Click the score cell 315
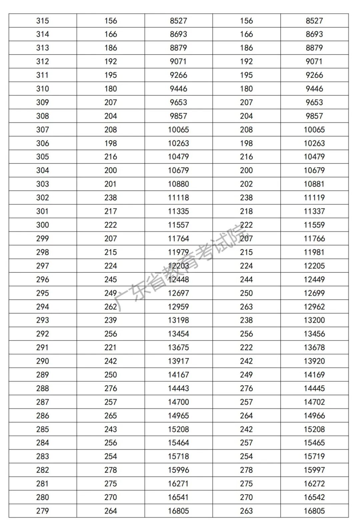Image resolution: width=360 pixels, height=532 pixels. tap(43, 21)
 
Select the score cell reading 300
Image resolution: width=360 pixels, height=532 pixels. tap(43, 225)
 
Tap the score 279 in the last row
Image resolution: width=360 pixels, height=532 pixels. tap(43, 511)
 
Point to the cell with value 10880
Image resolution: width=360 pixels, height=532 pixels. tap(178, 184)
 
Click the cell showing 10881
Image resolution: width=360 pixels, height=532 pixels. tap(314, 184)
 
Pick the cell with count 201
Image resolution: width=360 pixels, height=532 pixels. tap(110, 184)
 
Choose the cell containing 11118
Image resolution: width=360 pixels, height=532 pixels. tap(178, 198)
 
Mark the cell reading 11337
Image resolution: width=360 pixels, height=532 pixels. tap(314, 211)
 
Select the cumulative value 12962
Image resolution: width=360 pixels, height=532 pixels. tap(314, 307)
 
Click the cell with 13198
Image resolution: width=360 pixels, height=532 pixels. tap(178, 320)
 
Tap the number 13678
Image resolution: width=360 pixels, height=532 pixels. tap(314, 348)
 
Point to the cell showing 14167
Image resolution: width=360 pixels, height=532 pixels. tap(178, 375)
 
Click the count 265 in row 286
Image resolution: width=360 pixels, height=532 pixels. tap(110, 416)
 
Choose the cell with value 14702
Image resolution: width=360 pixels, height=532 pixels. tap(314, 402)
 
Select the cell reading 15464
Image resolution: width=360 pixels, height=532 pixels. tap(178, 443)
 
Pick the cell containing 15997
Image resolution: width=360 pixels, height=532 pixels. tap(314, 470)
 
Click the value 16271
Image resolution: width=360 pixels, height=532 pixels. tap(178, 484)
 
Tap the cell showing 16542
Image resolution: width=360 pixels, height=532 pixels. tap(314, 497)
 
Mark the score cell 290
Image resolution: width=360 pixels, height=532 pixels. tap(43, 361)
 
